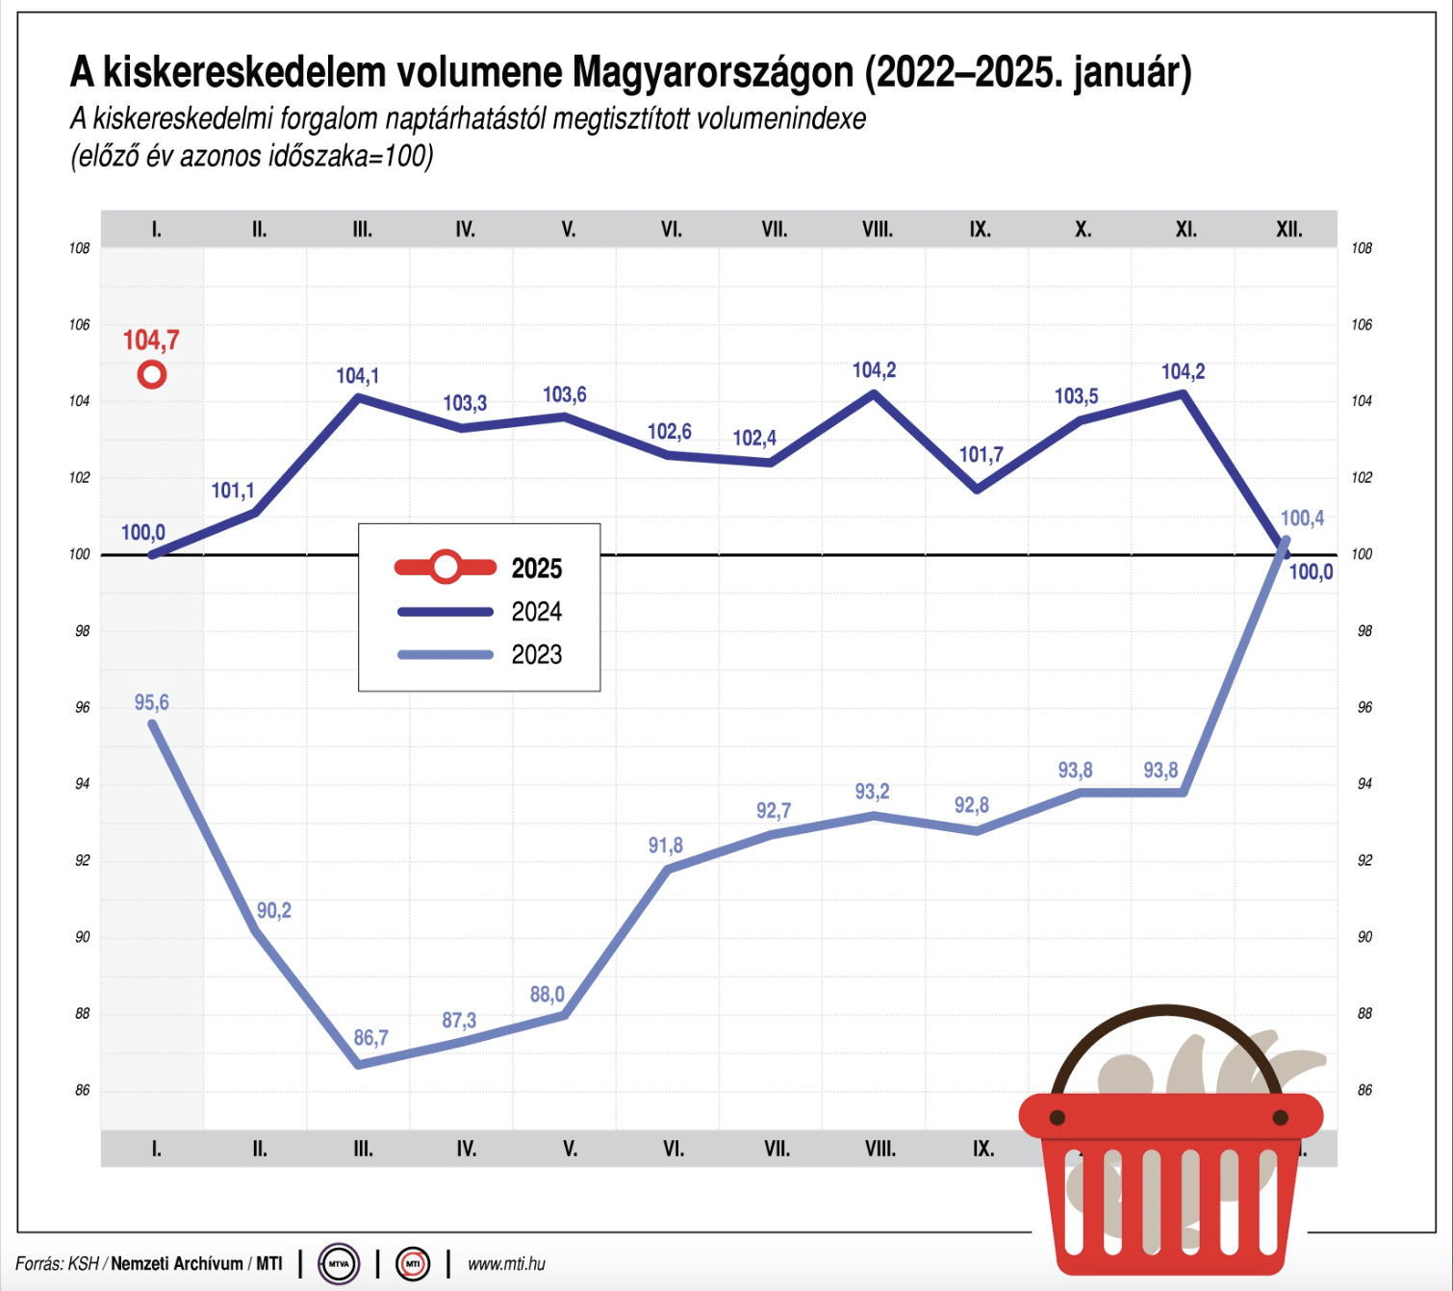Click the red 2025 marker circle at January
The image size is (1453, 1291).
[152, 374]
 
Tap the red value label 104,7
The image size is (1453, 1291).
[150, 340]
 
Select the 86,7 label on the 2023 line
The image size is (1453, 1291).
[370, 1038]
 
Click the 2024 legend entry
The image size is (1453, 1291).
[536, 612]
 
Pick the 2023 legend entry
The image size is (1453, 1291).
[536, 655]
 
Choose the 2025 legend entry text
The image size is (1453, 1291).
[536, 569]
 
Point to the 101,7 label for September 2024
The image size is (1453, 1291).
[981, 455]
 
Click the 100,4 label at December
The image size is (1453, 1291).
[1302, 519]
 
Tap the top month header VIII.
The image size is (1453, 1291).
[877, 230]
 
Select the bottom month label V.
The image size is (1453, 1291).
[570, 1149]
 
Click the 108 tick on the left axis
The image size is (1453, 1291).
[79, 248]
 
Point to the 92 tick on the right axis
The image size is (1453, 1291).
[1364, 860]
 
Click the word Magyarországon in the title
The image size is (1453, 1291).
[712, 72]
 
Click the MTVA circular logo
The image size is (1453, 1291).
[339, 1263]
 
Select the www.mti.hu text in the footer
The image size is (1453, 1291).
[506, 1264]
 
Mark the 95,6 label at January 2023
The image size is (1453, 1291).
[151, 702]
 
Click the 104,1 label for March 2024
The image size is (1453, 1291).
[357, 376]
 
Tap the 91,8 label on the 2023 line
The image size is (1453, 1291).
[665, 846]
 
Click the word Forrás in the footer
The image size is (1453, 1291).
[38, 1264]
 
